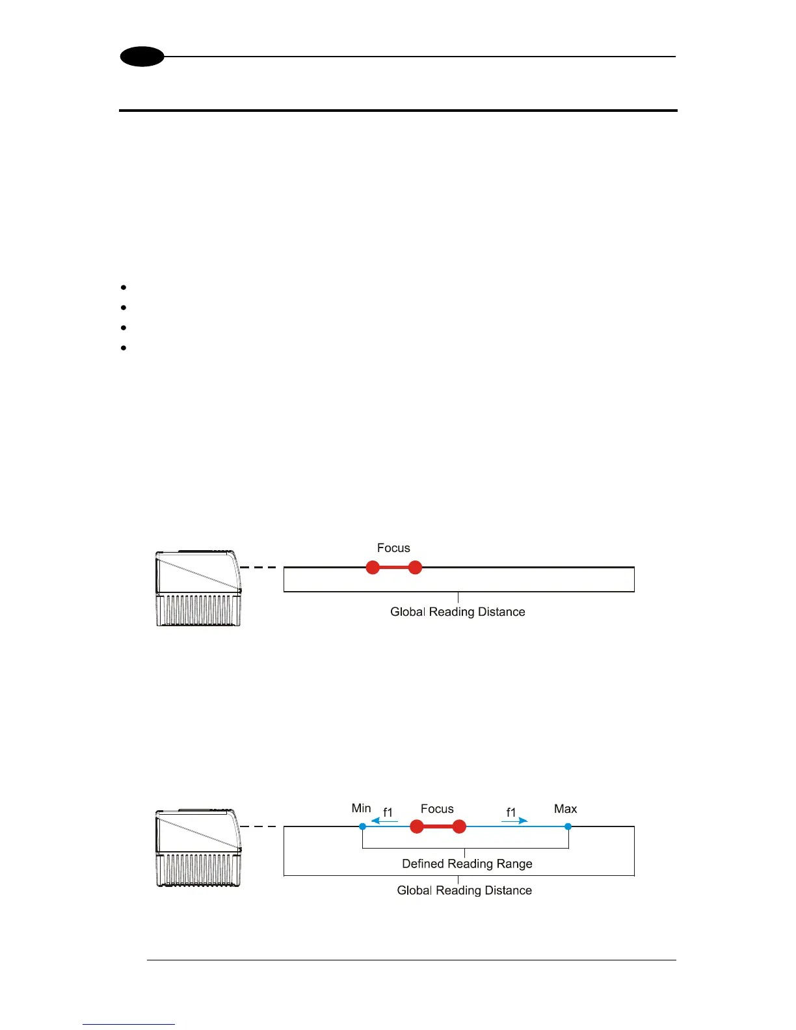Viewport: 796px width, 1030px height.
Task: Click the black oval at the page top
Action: (142, 57)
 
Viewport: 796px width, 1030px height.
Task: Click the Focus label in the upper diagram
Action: (393, 548)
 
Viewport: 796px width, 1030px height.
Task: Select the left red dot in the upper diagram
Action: (373, 568)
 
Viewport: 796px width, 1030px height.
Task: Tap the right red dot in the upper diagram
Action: (415, 568)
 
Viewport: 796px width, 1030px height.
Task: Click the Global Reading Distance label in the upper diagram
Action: (458, 612)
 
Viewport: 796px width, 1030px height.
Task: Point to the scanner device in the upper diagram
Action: (198, 588)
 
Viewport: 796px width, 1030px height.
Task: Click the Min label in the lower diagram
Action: (361, 808)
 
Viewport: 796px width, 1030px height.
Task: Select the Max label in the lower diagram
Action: (565, 809)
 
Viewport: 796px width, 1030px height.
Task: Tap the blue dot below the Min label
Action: (363, 826)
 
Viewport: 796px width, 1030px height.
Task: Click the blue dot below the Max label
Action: (568, 826)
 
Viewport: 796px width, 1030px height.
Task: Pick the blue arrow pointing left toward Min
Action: (384, 821)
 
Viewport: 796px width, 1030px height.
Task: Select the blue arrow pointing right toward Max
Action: (514, 821)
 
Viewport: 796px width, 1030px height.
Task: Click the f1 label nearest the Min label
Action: (388, 812)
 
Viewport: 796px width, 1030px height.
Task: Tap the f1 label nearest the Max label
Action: (511, 812)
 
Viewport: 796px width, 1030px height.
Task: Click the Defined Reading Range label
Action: (467, 864)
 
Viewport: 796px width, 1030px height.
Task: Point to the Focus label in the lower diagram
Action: (437, 809)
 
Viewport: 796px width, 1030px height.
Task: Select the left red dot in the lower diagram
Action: (417, 827)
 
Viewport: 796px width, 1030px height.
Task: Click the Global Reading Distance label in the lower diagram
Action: (464, 890)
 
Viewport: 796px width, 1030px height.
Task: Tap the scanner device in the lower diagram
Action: (198, 848)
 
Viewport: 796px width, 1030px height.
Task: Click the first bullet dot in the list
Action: (124, 287)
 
